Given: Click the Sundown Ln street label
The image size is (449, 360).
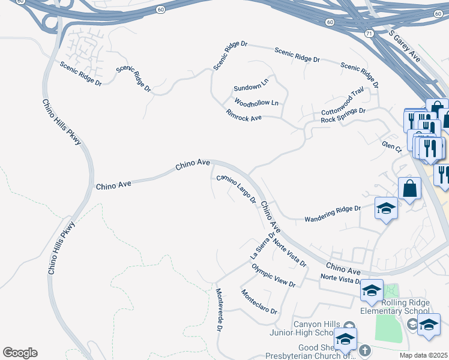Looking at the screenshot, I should point(251,85).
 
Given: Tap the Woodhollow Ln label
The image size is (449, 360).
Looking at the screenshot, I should point(256,103).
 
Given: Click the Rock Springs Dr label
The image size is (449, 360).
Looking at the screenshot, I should point(343,115).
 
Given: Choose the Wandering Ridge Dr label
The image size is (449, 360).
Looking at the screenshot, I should point(332,212).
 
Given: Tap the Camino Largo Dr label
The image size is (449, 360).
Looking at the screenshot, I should point(237,188).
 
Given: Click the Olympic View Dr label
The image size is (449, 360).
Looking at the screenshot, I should point(273,275).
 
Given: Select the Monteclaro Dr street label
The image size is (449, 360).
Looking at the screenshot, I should point(259,302).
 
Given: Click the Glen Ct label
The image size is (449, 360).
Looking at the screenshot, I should point(391,147).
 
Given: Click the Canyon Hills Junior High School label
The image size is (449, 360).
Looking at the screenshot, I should point(313,328).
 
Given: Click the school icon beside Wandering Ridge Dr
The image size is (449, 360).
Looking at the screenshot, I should point(387,209).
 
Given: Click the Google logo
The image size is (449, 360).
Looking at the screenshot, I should point(20,353).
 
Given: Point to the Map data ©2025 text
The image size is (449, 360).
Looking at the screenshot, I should point(424,355).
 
